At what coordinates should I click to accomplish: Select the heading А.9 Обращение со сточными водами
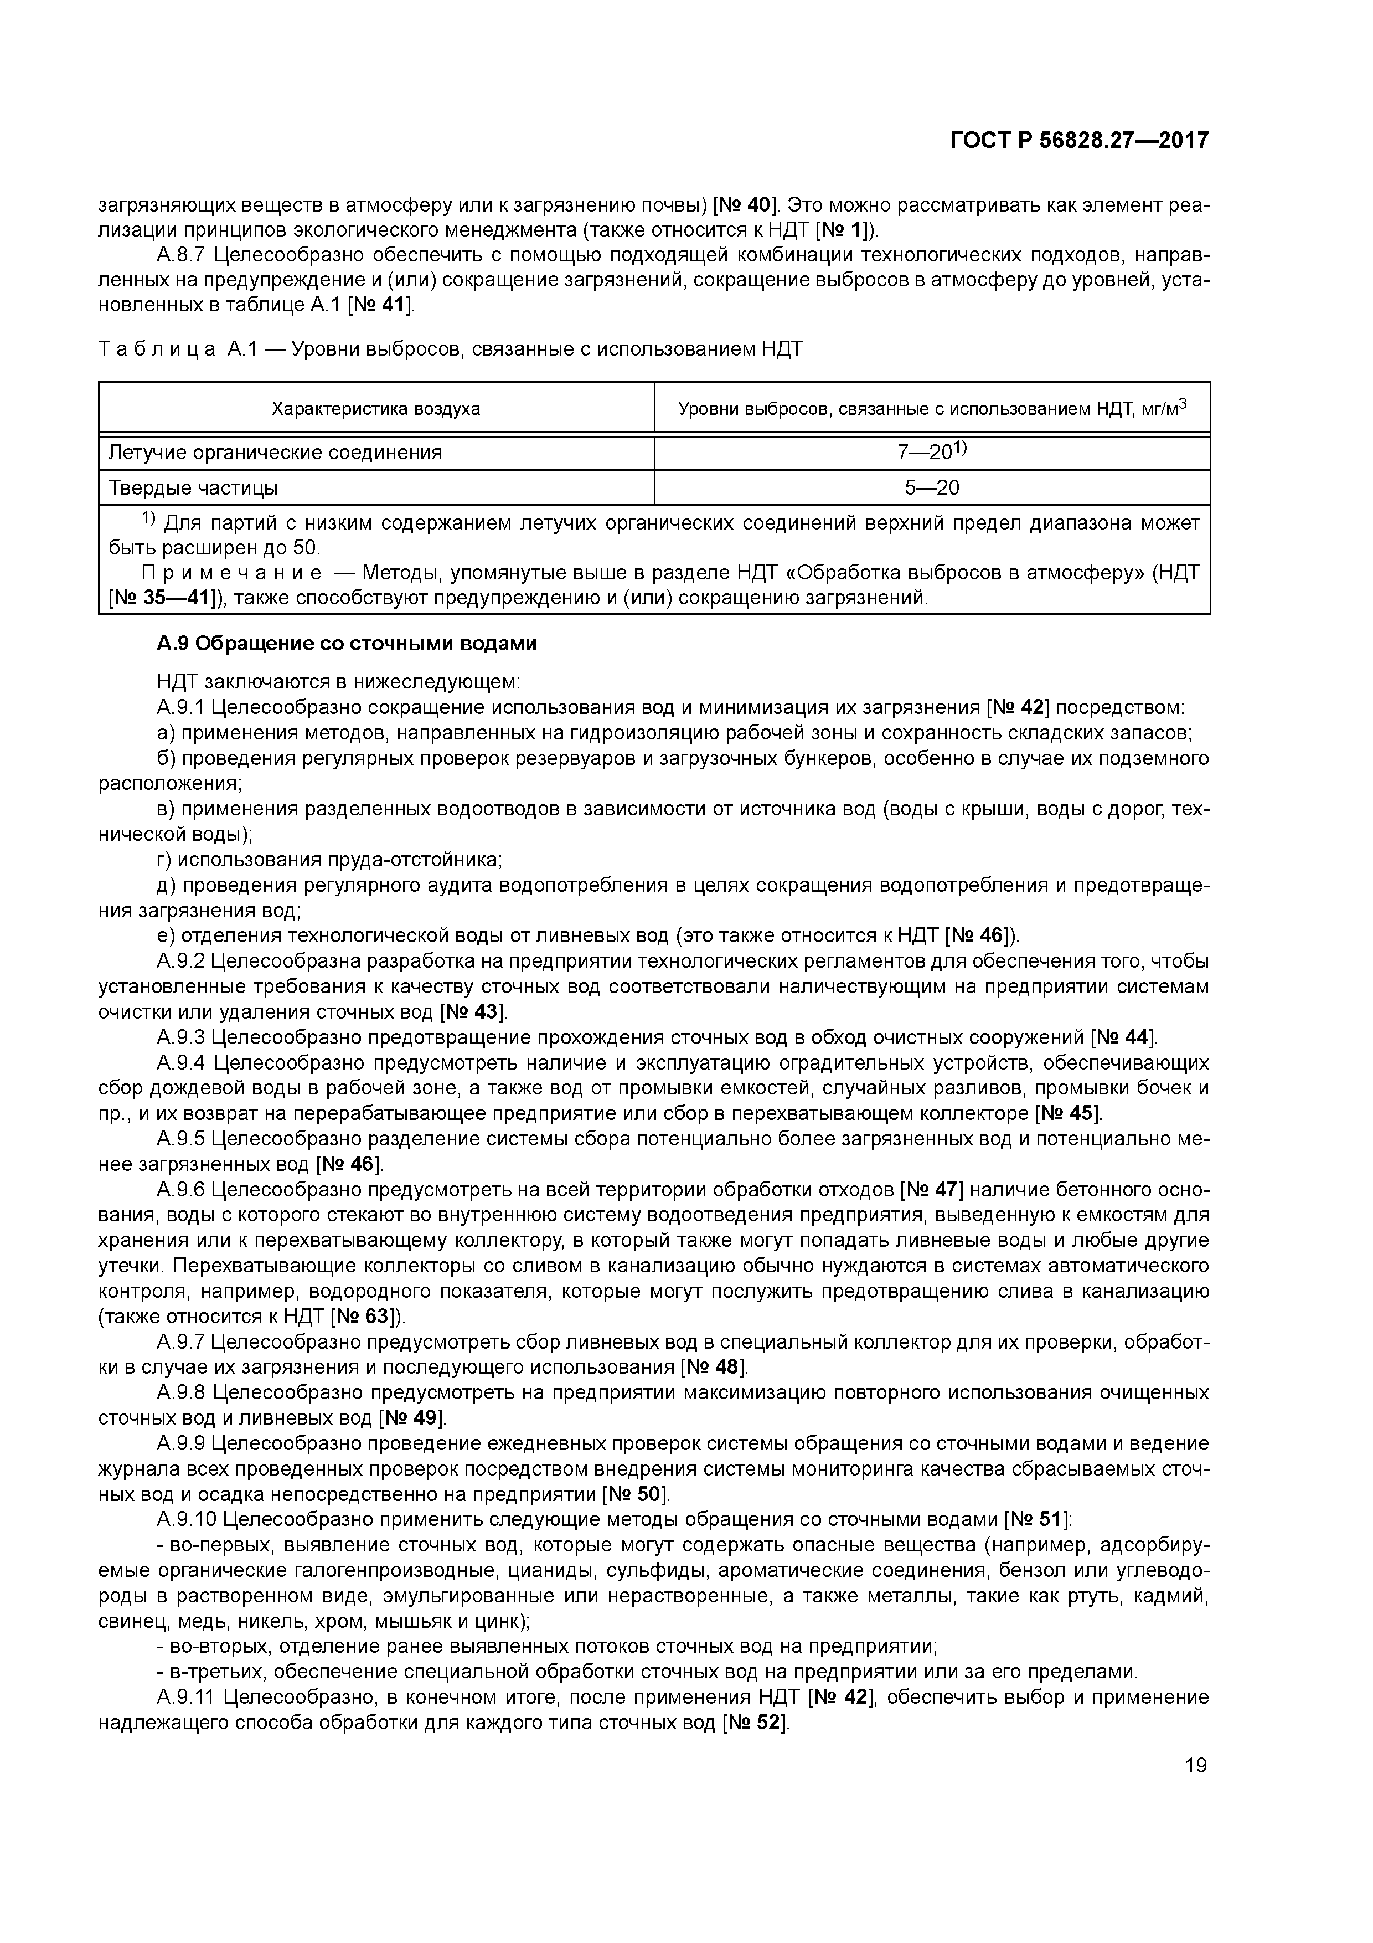346,644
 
